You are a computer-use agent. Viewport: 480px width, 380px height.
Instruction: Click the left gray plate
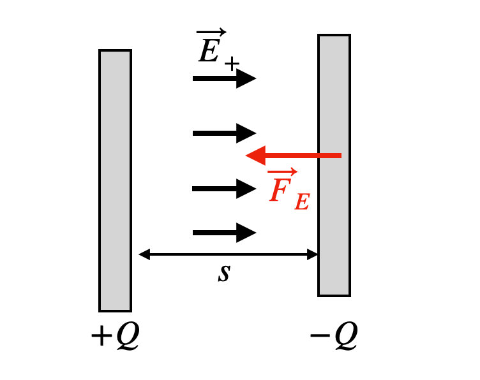[115, 180]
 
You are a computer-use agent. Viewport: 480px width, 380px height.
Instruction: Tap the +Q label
[115, 337]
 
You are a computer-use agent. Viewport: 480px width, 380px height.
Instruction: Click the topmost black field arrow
[224, 78]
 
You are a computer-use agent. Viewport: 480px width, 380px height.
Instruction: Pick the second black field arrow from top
[224, 133]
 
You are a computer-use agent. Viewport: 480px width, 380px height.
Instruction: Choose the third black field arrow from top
[224, 189]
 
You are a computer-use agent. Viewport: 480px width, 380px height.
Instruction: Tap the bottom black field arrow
[224, 233]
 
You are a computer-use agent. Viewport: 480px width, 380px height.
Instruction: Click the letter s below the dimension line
[223, 273]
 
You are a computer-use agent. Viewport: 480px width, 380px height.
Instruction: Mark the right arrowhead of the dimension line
[313, 255]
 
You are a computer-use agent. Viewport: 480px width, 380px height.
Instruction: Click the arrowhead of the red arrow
[255, 155]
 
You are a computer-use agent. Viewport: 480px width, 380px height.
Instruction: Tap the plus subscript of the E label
[232, 63]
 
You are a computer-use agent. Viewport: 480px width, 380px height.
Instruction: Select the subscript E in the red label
[301, 201]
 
